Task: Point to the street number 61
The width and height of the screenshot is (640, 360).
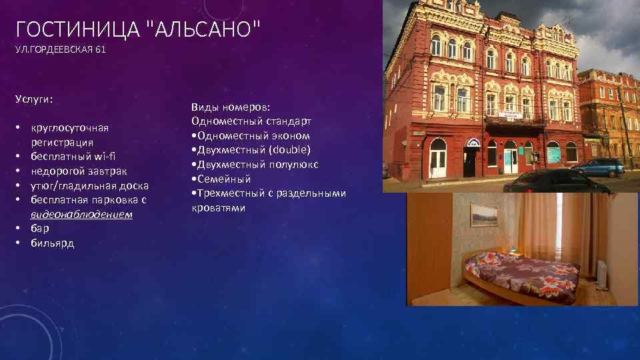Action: pyautogui.click(x=100, y=50)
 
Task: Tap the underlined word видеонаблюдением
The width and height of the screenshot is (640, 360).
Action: pyautogui.click(x=81, y=215)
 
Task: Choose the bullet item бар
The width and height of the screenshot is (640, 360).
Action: pyautogui.click(x=40, y=229)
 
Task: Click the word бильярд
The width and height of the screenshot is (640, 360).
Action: pyautogui.click(x=52, y=243)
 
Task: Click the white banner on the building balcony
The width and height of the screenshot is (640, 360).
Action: pyautogui.click(x=513, y=115)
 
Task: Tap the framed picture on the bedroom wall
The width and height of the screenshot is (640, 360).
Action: pyautogui.click(x=484, y=215)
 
